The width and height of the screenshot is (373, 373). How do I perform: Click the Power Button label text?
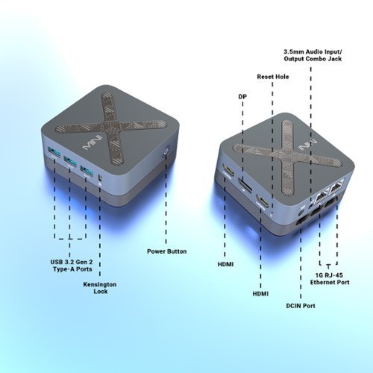(x=167, y=251)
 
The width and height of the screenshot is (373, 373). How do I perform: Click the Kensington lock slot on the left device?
(x=99, y=178)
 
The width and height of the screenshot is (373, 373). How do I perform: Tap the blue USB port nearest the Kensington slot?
(x=87, y=171)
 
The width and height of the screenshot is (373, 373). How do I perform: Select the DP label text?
(x=242, y=96)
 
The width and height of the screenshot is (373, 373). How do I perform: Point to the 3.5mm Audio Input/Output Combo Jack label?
(x=314, y=56)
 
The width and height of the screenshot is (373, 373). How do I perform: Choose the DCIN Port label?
(x=301, y=305)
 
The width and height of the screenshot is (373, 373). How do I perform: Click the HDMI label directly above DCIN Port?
(x=261, y=295)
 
